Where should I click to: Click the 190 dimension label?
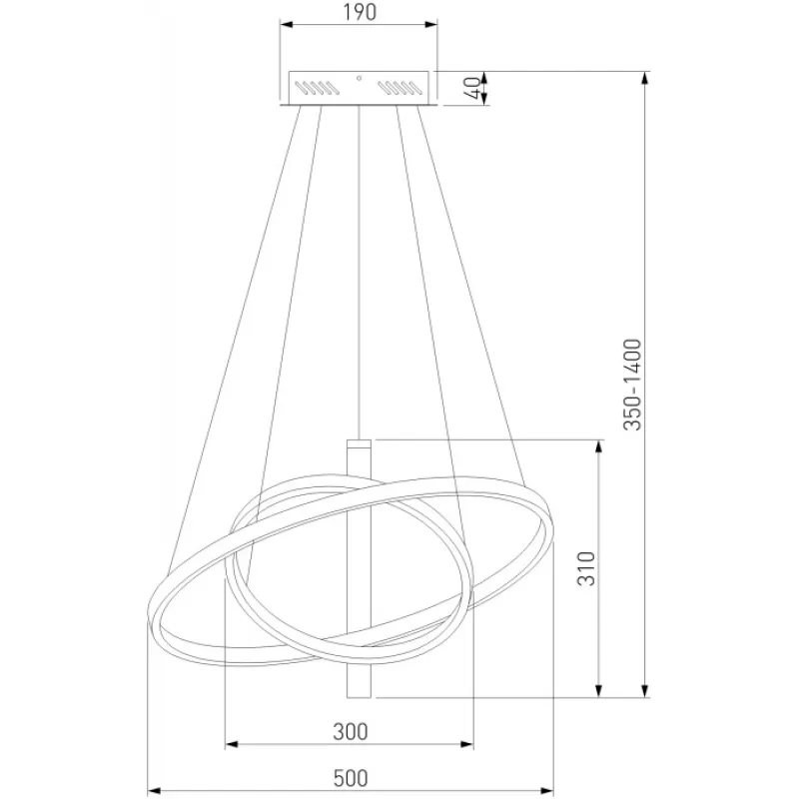click(360, 12)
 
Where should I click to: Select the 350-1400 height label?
click(633, 385)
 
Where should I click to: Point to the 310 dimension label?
click(586, 568)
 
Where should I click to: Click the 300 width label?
click(351, 732)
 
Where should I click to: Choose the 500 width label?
click(351, 778)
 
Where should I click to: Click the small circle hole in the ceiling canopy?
click(360, 78)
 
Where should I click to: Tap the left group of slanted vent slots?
click(317, 88)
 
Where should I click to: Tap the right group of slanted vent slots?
click(400, 88)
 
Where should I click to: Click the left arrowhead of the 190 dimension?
click(287, 24)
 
